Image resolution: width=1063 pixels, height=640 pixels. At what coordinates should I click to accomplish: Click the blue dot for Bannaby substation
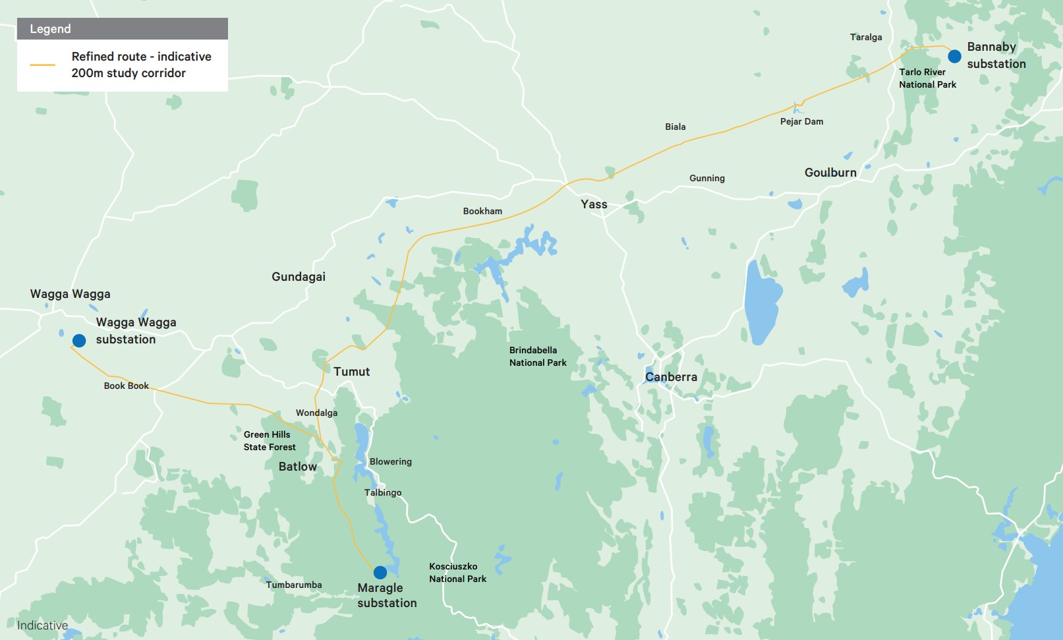[x=954, y=56]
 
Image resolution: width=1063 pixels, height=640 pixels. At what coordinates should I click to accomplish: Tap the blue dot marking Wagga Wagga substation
[x=79, y=341]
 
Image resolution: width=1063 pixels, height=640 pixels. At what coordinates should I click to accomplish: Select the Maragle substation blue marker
[x=380, y=572]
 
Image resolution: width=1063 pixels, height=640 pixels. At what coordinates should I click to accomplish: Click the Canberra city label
[x=671, y=377]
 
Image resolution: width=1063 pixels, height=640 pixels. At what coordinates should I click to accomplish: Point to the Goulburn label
[x=830, y=173]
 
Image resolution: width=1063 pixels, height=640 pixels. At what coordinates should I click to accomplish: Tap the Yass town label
[x=594, y=204]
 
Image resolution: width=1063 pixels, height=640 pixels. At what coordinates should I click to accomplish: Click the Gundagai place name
[x=299, y=277]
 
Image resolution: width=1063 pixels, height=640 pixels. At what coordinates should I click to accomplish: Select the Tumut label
[x=351, y=372]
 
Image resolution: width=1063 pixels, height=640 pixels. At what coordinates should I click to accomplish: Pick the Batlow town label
[x=297, y=467]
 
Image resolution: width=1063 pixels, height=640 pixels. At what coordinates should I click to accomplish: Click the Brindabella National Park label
[x=538, y=357]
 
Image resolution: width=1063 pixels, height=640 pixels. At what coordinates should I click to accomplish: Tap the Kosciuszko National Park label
[x=457, y=573]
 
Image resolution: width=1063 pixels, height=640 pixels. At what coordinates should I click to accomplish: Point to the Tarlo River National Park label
[x=927, y=78]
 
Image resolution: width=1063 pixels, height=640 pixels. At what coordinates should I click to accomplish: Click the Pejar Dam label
[x=801, y=122]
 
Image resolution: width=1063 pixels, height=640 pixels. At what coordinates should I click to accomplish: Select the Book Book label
[x=126, y=386]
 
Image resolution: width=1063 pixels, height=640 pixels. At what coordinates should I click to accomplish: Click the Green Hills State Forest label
[x=269, y=441]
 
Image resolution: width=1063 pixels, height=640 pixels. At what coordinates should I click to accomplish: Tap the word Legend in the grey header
[x=50, y=29]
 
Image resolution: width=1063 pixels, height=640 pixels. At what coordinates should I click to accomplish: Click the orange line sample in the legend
[x=43, y=65]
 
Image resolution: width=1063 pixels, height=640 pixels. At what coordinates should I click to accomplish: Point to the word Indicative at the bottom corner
[x=42, y=625]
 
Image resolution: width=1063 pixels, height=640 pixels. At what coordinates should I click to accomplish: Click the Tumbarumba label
[x=294, y=585]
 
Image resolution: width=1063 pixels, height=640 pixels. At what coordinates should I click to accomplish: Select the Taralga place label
[x=865, y=38]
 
